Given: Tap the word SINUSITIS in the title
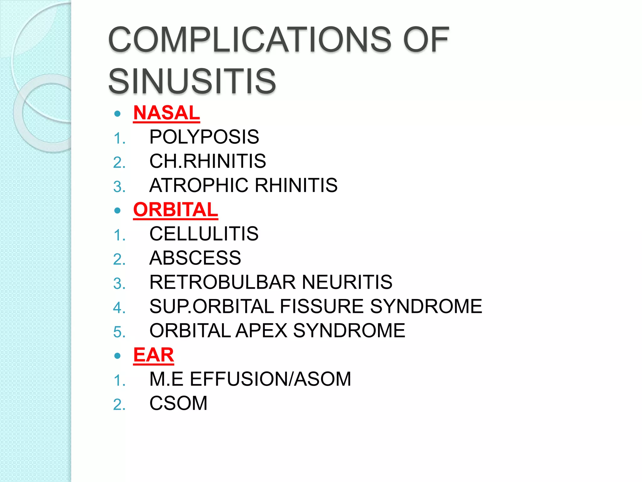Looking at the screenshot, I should (x=192, y=81).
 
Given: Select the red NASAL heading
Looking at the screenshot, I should (x=166, y=113).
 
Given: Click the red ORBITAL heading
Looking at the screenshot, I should (x=176, y=210).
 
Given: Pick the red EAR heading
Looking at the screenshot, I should (x=154, y=355).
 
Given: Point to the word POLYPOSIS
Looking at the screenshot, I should (x=204, y=137).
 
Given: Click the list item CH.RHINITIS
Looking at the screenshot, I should (x=208, y=161).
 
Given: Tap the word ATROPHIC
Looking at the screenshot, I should (x=199, y=185).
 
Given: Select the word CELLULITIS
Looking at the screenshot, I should (x=204, y=234).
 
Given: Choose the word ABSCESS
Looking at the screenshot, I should (x=195, y=258).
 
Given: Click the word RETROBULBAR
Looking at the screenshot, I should (x=223, y=282).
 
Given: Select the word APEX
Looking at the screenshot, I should (x=261, y=330).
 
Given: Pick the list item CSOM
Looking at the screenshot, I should (x=178, y=403).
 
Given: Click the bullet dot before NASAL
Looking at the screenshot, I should (x=118, y=114).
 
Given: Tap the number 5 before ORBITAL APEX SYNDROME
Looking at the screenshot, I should (x=119, y=332).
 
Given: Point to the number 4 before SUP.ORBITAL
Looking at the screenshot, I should (x=119, y=308).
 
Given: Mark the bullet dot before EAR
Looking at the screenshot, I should (x=118, y=356).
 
